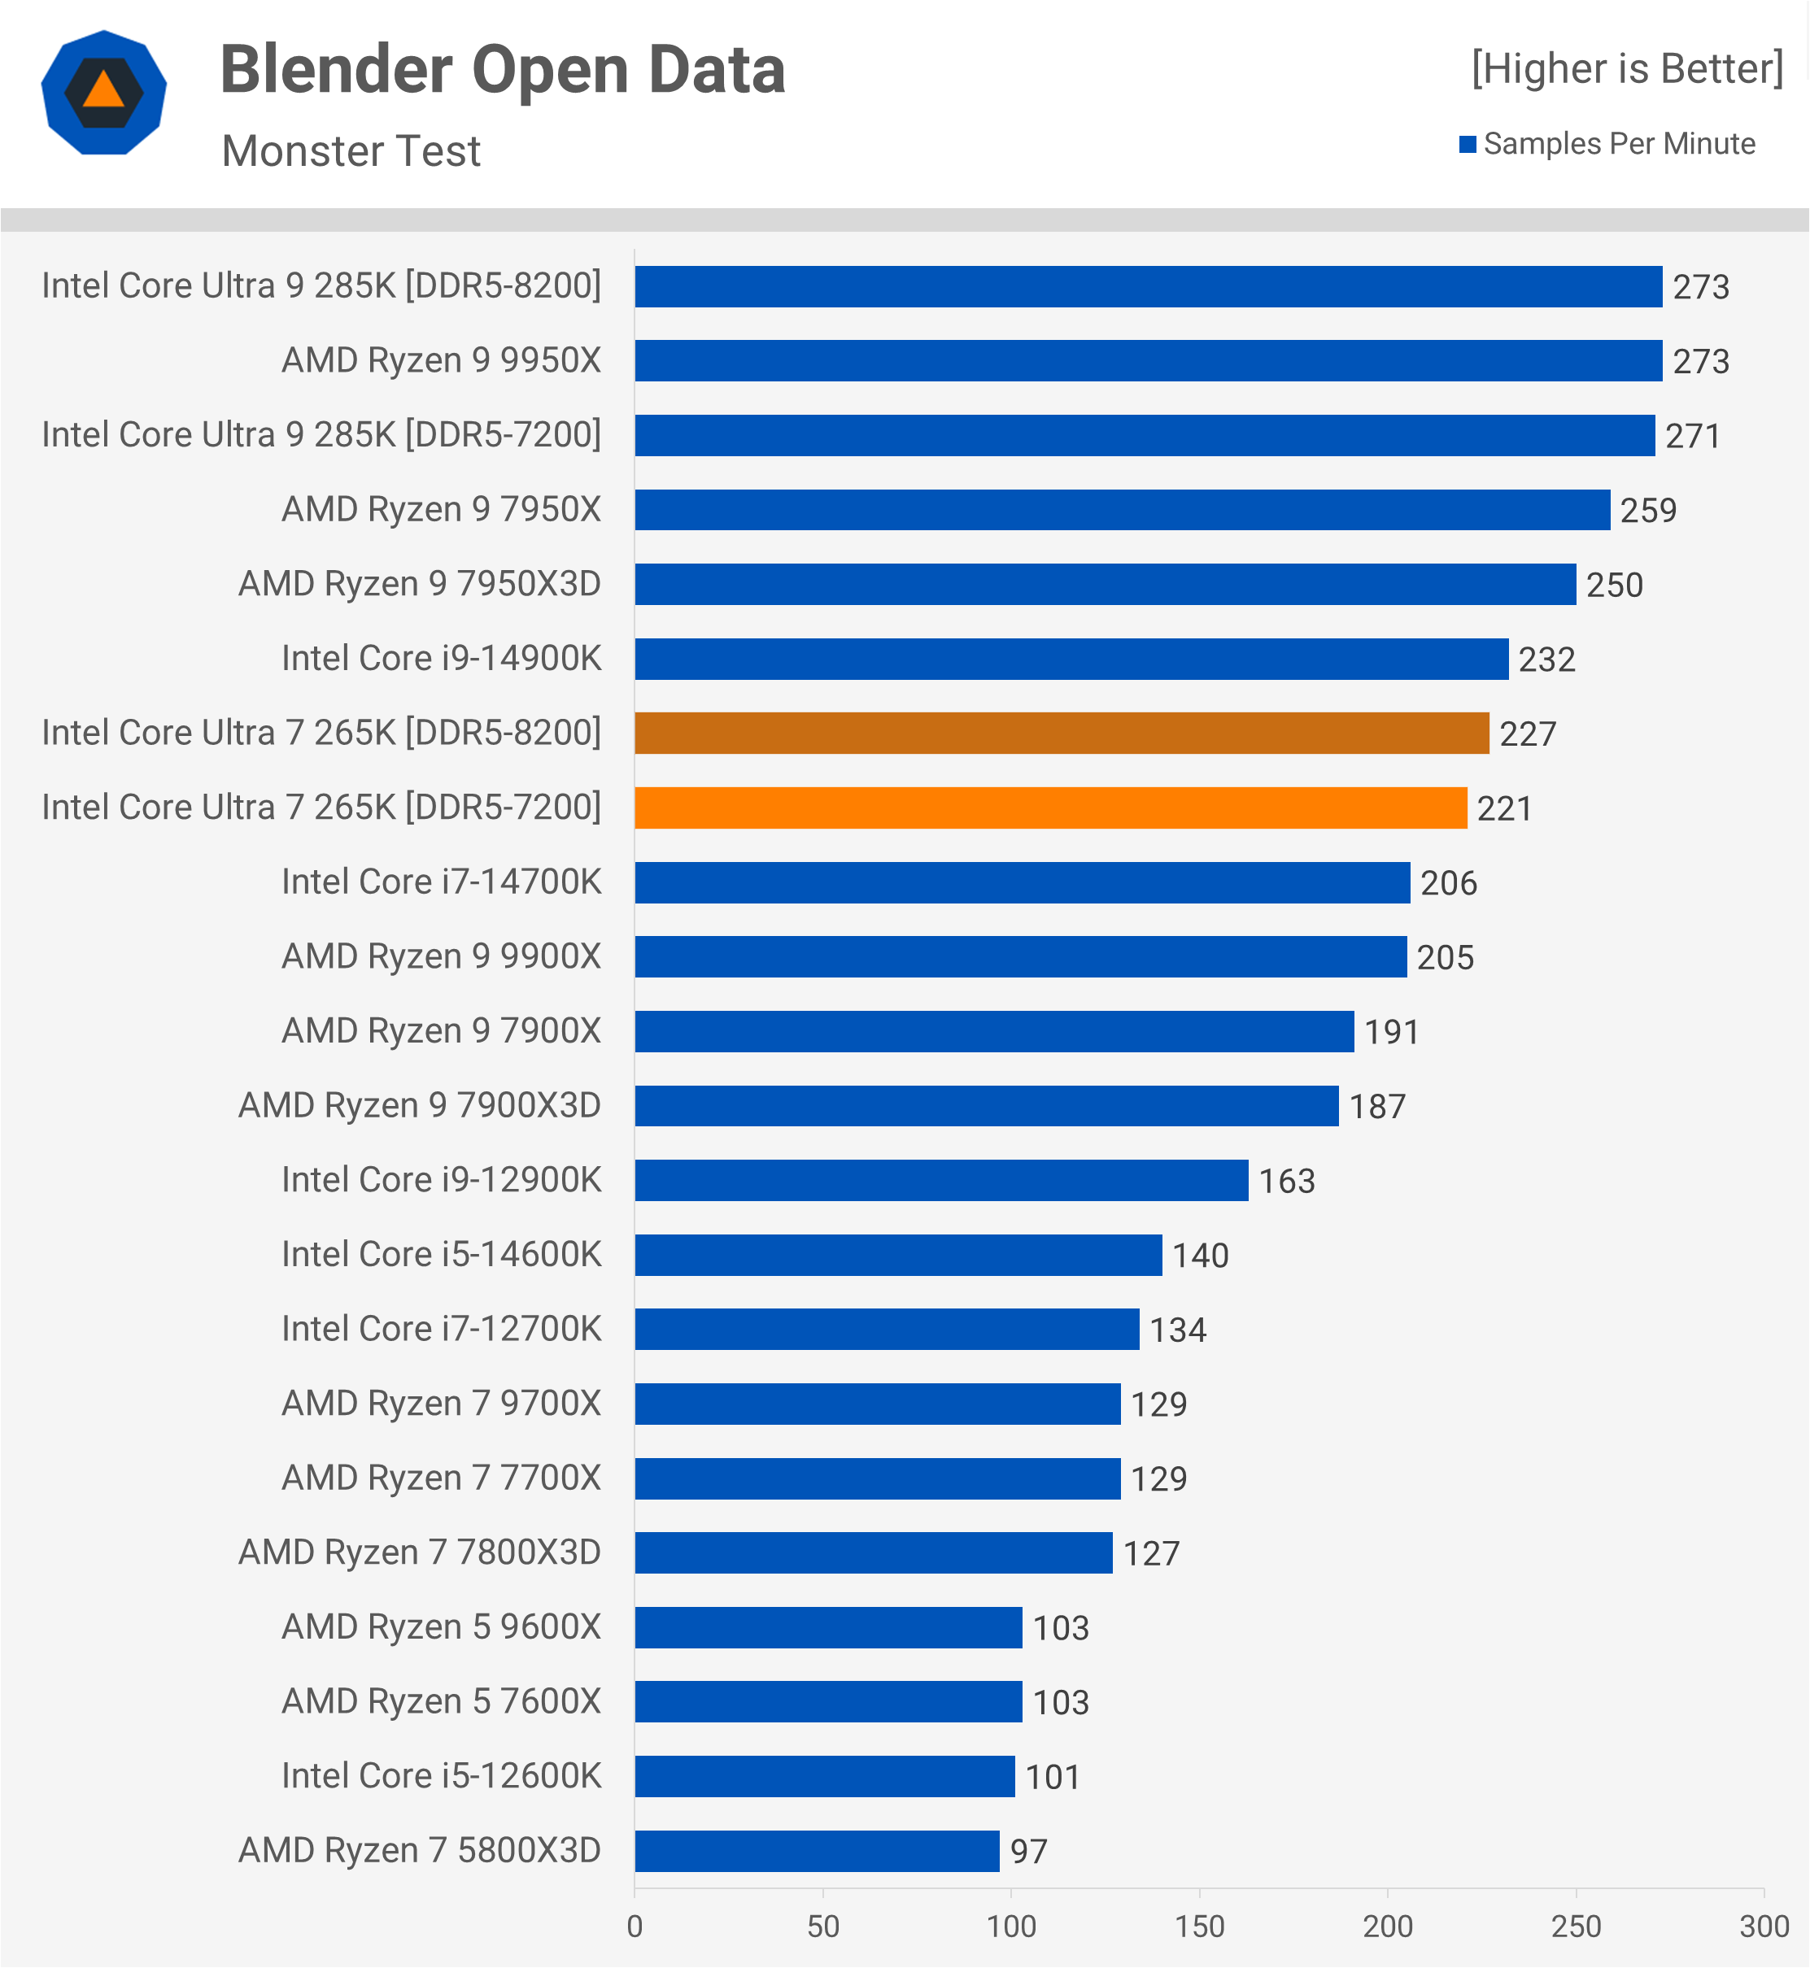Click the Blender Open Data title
503,71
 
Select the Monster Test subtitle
351,150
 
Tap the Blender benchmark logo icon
104,93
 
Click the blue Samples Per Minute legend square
1468,145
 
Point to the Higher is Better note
1626,68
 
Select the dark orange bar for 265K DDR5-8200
1061,734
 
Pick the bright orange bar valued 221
1050,808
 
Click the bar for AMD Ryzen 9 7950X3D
1105,585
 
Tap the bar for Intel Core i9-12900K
940,1180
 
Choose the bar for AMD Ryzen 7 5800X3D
817,1851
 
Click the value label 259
1648,510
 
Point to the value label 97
1028,1852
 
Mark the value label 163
1286,1181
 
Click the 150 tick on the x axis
1199,1926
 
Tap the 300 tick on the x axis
1763,1926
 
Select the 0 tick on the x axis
635,1926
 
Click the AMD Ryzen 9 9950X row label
441,360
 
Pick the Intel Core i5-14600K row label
441,1254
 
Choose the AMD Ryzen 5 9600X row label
441,1626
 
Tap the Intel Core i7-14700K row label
441,882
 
